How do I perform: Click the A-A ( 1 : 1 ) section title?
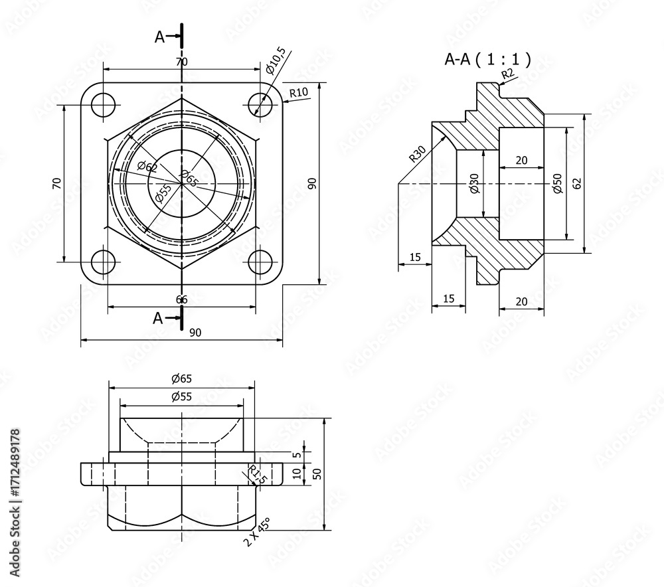pyautogui.click(x=487, y=59)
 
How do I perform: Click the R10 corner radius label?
pyautogui.click(x=298, y=92)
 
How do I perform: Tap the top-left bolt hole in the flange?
pyautogui.click(x=104, y=105)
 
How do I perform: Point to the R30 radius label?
pyautogui.click(x=416, y=154)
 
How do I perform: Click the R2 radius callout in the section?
pyautogui.click(x=507, y=73)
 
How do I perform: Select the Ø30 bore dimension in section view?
pyautogui.click(x=473, y=183)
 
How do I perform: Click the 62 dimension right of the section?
pyautogui.click(x=577, y=183)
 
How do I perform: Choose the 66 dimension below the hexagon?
pyautogui.click(x=181, y=299)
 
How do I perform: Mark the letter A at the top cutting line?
pyautogui.click(x=159, y=37)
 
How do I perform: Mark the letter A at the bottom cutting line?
pyautogui.click(x=158, y=318)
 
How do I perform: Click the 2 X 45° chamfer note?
pyautogui.click(x=256, y=532)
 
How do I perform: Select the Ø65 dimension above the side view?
pyautogui.click(x=181, y=378)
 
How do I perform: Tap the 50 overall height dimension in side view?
pyautogui.click(x=317, y=473)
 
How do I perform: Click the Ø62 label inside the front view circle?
pyautogui.click(x=147, y=167)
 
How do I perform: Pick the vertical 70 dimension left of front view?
pyautogui.click(x=56, y=183)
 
